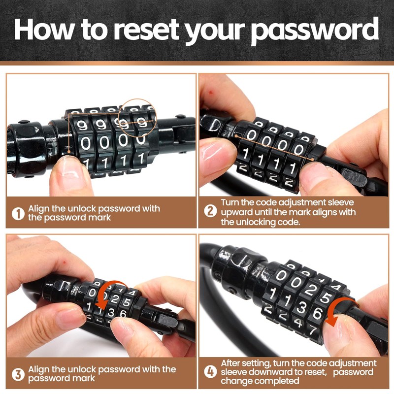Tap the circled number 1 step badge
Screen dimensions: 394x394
(18, 213)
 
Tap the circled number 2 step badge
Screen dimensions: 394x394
(211, 212)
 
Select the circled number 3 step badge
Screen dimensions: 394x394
(18, 374)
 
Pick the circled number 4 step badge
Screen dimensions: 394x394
(211, 373)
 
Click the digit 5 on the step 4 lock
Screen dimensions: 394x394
(325, 297)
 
